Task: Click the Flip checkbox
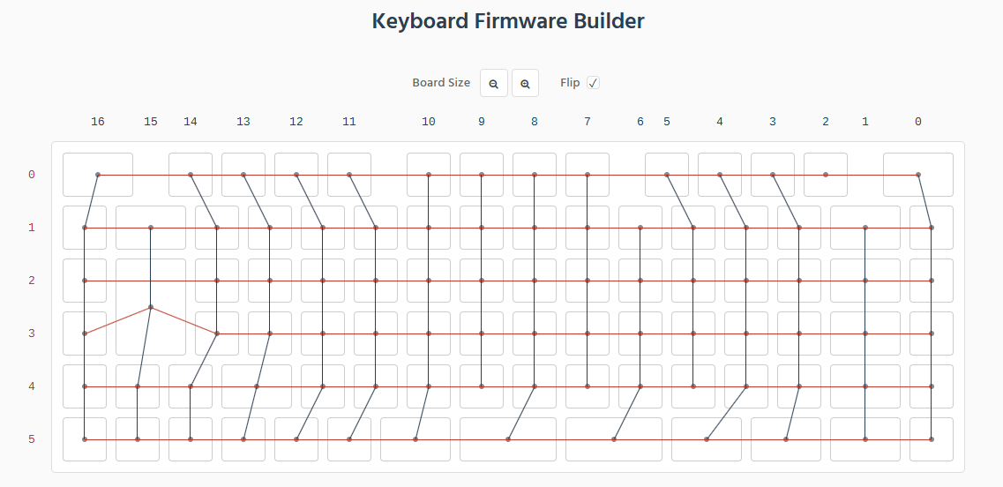594,83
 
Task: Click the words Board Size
441,83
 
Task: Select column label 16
98,122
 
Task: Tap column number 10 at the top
429,122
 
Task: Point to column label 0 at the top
918,122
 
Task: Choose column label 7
588,122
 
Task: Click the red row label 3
32,333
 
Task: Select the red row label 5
32,439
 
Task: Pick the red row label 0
32,175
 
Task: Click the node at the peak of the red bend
151,307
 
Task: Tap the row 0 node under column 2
825,175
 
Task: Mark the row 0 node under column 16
98,175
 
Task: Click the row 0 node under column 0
918,175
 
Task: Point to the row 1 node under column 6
640,228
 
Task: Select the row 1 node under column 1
865,228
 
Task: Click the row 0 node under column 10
429,175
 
